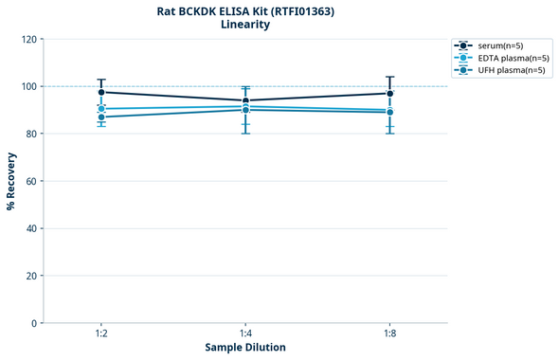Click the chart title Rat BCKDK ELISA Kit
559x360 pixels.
[x=244, y=10]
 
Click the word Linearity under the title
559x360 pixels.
[x=244, y=25]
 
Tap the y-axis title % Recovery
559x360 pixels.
[x=11, y=181]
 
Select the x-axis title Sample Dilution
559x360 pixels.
[x=245, y=348]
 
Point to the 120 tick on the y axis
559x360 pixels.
[x=28, y=39]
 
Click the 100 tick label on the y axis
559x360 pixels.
[x=28, y=86]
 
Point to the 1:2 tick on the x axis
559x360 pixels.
[x=101, y=333]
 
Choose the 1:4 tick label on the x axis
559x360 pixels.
[x=245, y=333]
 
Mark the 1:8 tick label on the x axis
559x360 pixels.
[x=390, y=333]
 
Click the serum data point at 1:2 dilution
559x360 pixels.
[x=101, y=92]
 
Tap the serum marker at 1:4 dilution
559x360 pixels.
[x=245, y=100]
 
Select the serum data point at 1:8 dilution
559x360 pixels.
[x=390, y=93]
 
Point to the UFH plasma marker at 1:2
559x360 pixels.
[x=101, y=117]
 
